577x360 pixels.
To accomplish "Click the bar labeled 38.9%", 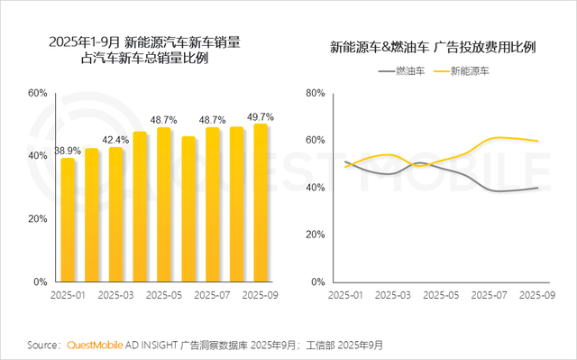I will tap(68, 220).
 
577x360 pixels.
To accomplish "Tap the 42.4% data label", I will tap(115, 140).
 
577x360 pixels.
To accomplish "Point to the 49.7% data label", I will tap(261, 116).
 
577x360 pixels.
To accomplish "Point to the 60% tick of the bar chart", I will tap(36, 93).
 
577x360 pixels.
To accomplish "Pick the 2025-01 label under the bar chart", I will tap(68, 295).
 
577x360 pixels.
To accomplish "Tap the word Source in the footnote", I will tap(43, 346).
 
